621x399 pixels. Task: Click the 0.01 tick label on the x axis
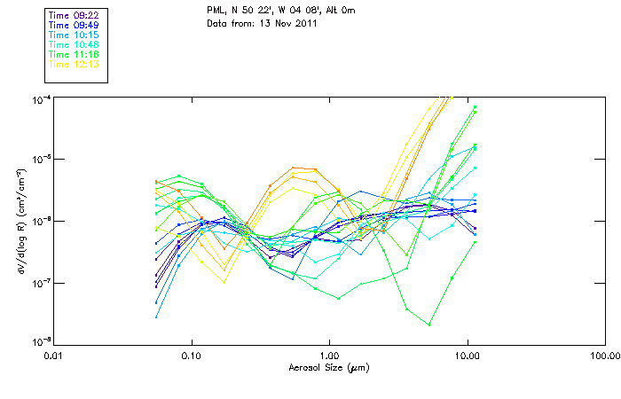click(54, 356)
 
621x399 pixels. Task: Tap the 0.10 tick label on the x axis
click(192, 356)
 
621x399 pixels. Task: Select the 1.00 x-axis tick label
click(330, 356)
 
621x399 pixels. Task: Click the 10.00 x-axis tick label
click(467, 356)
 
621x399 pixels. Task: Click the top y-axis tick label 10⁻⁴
click(41, 98)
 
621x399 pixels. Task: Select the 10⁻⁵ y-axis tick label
click(41, 159)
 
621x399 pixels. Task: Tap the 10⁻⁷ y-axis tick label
click(41, 282)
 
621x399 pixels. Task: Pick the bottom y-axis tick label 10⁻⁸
click(41, 342)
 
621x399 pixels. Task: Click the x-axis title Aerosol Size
click(329, 367)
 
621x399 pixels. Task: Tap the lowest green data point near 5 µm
click(429, 325)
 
